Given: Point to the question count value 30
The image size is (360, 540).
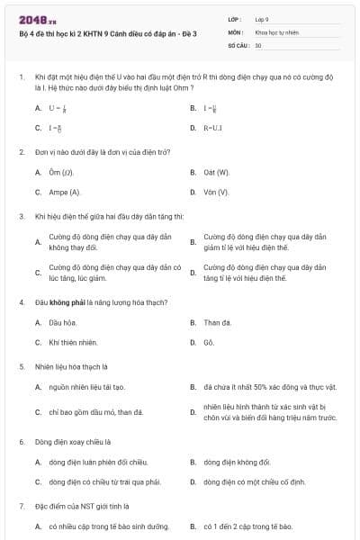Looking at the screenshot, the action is coord(258,44).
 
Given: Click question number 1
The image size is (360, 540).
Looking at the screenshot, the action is coord(21,78).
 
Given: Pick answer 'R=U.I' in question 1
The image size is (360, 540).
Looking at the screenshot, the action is coord(213,128).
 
